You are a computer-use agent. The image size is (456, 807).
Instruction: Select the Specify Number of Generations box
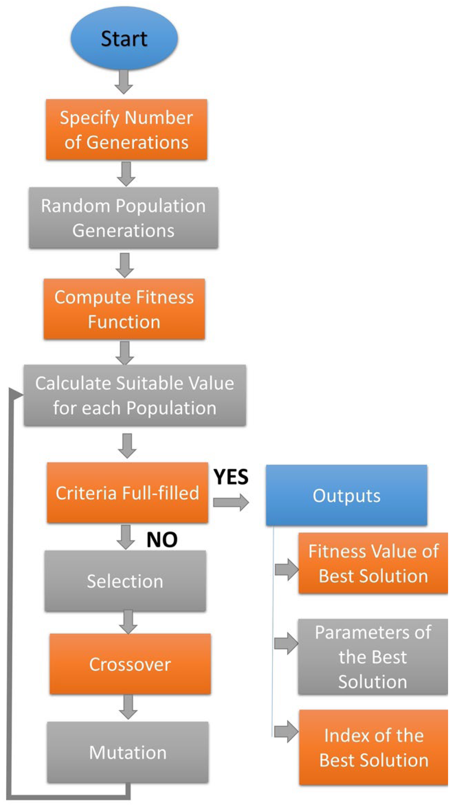point(126,129)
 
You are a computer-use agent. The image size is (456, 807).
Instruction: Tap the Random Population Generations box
point(123,218)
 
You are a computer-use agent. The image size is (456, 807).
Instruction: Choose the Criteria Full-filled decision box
point(127,493)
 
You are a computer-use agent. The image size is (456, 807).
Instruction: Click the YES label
point(231,477)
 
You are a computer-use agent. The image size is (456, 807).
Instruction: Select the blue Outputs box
point(346,495)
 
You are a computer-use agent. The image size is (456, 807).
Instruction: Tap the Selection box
point(125,581)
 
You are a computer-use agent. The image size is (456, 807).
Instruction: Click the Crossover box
point(130,664)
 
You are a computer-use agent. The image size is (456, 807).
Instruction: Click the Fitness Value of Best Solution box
point(373,563)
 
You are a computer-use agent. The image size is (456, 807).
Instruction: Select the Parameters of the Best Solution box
point(373,657)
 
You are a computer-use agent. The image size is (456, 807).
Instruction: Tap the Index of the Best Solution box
point(373,747)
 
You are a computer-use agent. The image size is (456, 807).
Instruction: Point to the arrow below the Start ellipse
point(124,82)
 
